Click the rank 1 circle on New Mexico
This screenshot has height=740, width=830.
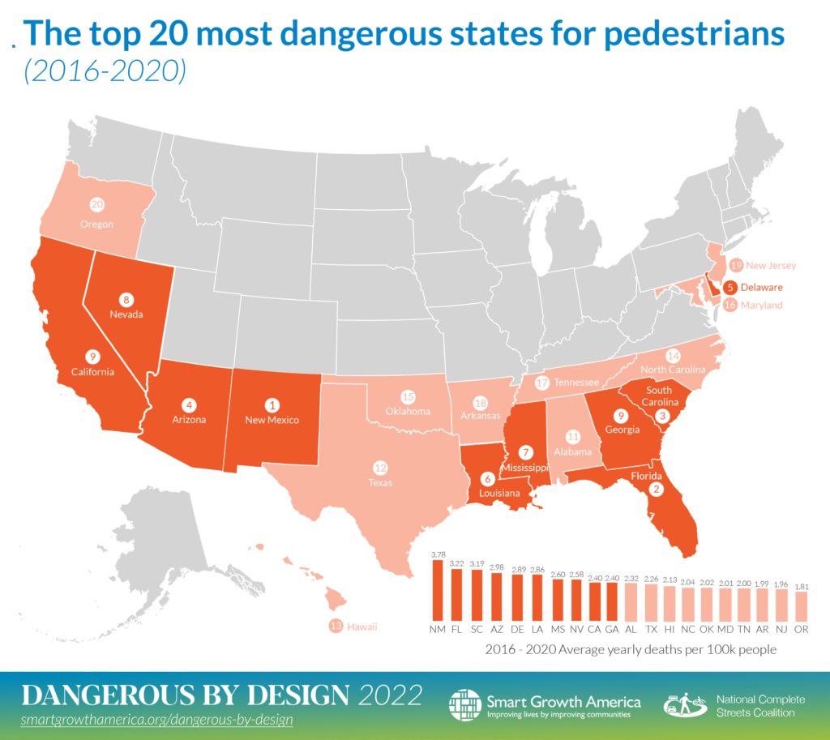[272, 404]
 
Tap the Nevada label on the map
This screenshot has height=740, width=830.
[126, 314]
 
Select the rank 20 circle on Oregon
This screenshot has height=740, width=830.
[96, 206]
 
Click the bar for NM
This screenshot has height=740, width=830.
[438, 590]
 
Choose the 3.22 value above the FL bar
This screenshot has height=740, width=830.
[457, 562]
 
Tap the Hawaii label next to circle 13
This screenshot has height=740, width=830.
[362, 627]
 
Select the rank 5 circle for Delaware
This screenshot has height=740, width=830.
[730, 286]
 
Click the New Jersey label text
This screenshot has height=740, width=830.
[772, 265]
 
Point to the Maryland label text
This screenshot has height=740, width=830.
[764, 306]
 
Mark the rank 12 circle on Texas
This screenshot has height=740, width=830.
[379, 468]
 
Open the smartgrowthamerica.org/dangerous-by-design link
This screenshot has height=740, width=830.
[156, 719]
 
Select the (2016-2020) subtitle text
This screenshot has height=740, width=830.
[105, 72]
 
